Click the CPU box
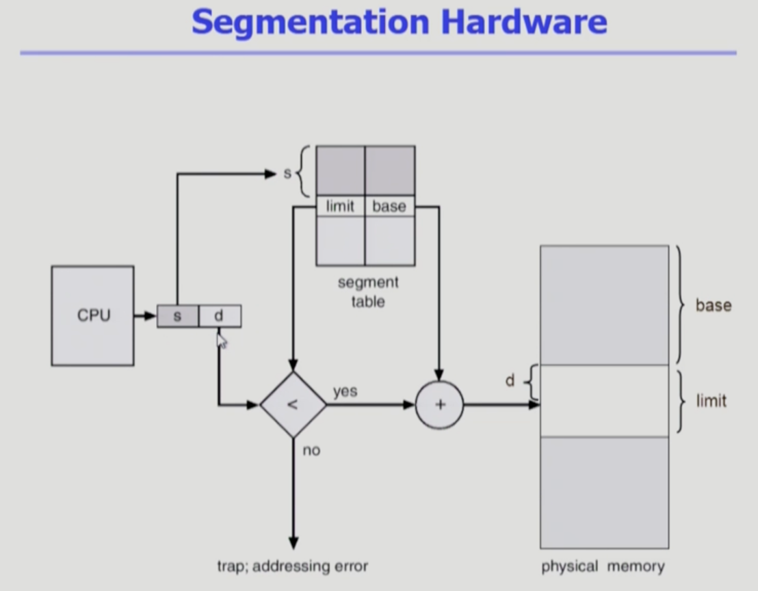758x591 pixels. point(92,316)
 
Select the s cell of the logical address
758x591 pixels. point(177,316)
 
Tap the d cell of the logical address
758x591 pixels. point(220,316)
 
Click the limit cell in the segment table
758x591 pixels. point(340,207)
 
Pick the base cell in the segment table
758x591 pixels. point(389,207)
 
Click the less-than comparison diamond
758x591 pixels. point(293,405)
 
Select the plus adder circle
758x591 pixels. point(439,405)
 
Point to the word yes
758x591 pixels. point(345,392)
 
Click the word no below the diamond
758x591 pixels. point(311,451)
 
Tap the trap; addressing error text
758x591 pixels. point(293,566)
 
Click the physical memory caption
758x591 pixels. point(603,566)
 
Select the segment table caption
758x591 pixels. point(368,291)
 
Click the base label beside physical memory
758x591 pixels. point(714,305)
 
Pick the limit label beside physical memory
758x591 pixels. point(711,401)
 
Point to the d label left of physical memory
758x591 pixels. point(510,380)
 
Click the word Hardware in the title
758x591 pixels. point(524,22)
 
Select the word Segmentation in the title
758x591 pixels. point(311,22)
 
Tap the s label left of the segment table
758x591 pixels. point(288,173)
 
